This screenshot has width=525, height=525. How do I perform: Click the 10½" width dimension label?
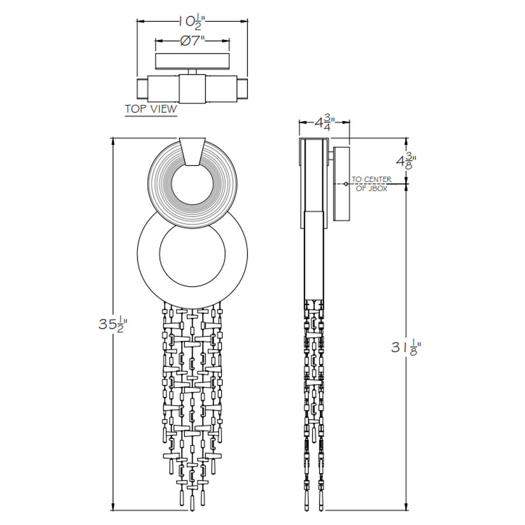[x=192, y=22]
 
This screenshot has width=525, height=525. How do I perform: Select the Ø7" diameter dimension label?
[x=192, y=41]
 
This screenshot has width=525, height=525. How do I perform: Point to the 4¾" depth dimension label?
[x=325, y=123]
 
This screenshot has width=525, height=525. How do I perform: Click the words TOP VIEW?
[x=151, y=109]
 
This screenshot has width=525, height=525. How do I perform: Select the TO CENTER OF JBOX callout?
[x=371, y=184]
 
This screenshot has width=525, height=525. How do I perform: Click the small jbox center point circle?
[x=346, y=184]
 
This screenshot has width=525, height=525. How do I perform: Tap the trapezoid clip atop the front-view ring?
[x=192, y=151]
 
